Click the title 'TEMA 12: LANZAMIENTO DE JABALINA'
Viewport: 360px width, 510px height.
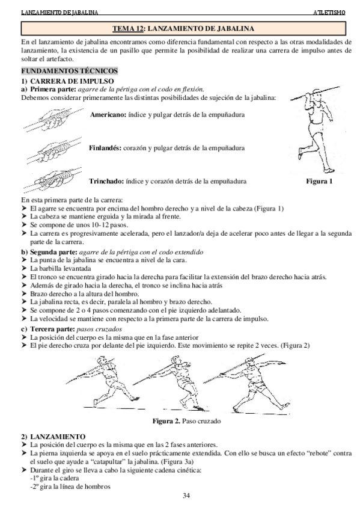(x=184, y=28)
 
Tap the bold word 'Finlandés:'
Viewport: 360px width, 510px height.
(x=107, y=147)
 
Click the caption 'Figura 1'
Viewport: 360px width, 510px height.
(x=320, y=180)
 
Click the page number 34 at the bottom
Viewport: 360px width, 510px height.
(x=186, y=496)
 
